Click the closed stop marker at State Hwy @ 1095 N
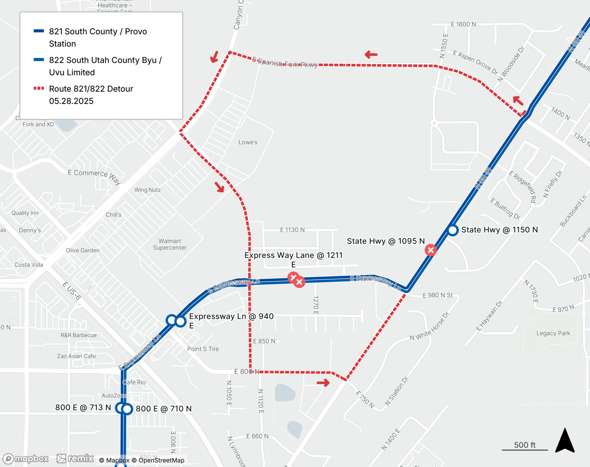point(431,250)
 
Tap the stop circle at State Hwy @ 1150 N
point(453,230)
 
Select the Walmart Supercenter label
point(170,244)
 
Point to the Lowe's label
point(248,142)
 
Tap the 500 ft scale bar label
point(525,445)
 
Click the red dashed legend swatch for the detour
point(39,88)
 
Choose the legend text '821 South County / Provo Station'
point(98,37)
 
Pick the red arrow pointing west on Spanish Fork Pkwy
point(371,55)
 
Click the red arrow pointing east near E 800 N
point(323,383)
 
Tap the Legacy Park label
point(553,333)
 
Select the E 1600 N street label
point(463,24)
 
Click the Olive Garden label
point(83,250)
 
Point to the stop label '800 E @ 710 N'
point(164,409)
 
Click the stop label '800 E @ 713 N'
point(83,407)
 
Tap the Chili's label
point(114,215)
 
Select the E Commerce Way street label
point(94,176)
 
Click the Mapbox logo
point(26,458)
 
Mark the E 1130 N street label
point(292,230)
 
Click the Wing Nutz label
point(147,190)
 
